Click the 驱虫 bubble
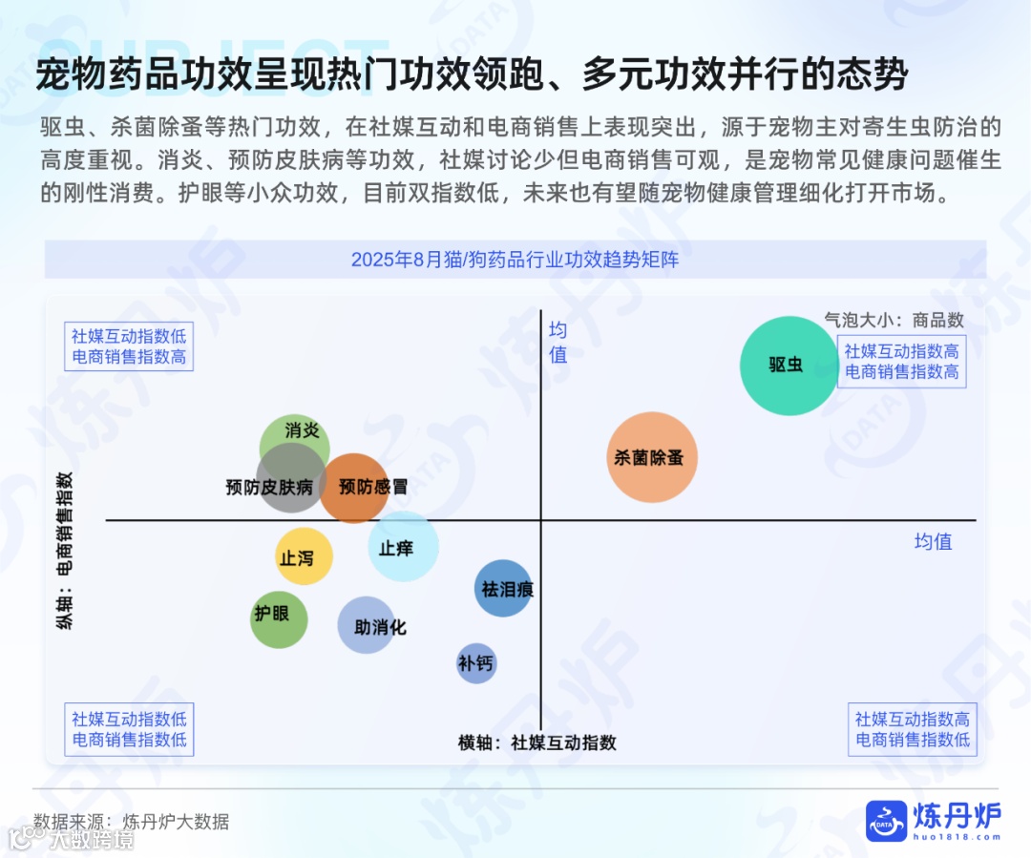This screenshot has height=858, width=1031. click(789, 366)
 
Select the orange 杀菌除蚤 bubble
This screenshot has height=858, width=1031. click(653, 457)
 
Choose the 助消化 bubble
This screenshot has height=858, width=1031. click(367, 626)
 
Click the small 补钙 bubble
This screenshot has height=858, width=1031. click(476, 663)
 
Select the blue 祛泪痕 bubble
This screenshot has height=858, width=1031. click(503, 588)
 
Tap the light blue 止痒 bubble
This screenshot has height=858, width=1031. click(404, 546)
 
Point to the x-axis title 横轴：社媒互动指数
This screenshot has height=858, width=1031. click(537, 743)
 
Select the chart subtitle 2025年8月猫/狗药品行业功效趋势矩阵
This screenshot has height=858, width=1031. click(515, 260)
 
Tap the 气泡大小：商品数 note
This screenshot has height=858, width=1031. click(894, 320)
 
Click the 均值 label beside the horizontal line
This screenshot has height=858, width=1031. click(933, 541)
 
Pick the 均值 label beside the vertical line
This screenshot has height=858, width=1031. click(558, 343)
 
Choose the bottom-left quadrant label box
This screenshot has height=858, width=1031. click(129, 729)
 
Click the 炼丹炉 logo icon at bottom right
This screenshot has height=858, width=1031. click(886, 820)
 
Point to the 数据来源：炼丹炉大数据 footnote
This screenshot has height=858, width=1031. click(132, 821)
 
